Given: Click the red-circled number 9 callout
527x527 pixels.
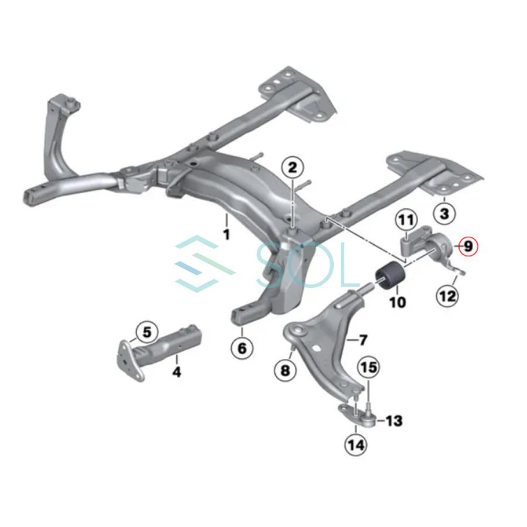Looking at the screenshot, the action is [468, 247].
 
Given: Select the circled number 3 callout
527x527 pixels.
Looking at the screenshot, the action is [444, 213].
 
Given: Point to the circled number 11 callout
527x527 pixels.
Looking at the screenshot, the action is [406, 221].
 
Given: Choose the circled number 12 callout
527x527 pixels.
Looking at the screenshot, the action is [448, 296].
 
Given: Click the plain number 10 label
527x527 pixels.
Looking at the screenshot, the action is [398, 302].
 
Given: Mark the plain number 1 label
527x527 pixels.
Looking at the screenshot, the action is [227, 234].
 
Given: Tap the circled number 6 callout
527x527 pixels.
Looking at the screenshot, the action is [242, 348].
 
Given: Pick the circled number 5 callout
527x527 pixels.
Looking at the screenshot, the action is [147, 333].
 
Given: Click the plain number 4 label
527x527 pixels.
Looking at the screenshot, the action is [176, 372].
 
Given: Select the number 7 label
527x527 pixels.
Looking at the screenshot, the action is [363, 340].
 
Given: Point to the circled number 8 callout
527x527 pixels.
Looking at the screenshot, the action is [285, 371].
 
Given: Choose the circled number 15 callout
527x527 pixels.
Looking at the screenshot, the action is [369, 367].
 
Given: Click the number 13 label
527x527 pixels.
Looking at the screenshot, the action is [393, 420].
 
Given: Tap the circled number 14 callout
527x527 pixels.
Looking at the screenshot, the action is [356, 446].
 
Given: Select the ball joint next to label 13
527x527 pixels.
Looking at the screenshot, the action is [368, 418].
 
